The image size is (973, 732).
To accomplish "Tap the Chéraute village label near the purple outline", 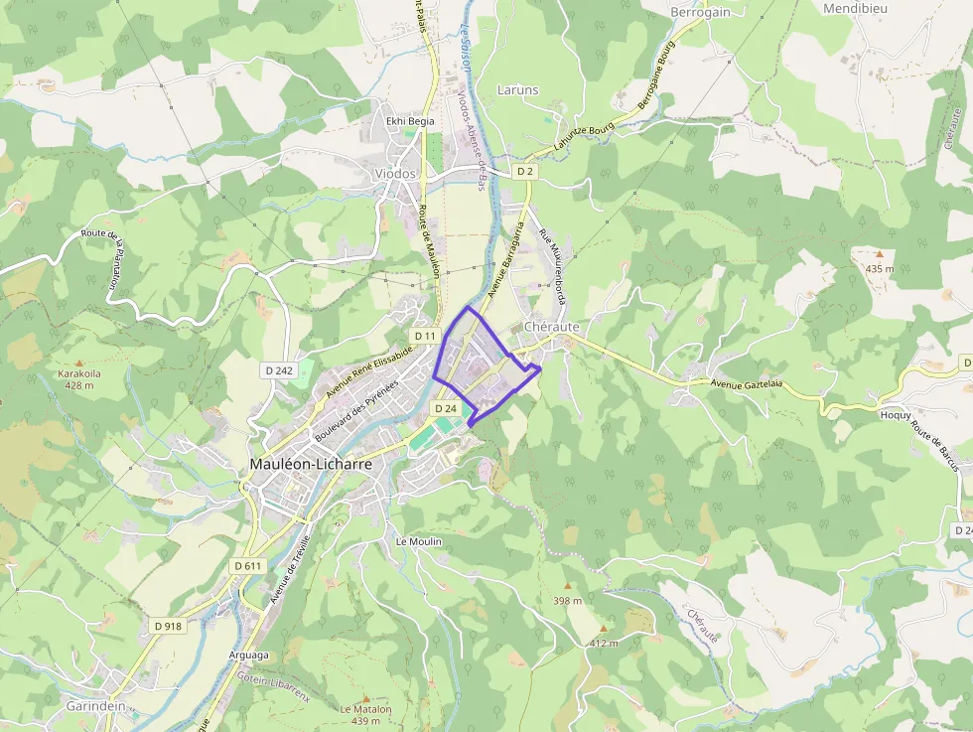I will pyautogui.click(x=551, y=327).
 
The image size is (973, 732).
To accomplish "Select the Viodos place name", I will pyautogui.click(x=395, y=173).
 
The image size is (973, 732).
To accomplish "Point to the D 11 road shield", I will pyautogui.click(x=425, y=337).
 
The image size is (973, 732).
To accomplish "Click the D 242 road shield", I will pyautogui.click(x=280, y=370).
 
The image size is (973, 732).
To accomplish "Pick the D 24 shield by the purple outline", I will pyautogui.click(x=445, y=408).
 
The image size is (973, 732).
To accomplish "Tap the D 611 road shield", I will pyautogui.click(x=247, y=565).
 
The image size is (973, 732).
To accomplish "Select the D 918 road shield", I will pyautogui.click(x=168, y=626).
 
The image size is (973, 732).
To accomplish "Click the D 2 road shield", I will pyautogui.click(x=525, y=172).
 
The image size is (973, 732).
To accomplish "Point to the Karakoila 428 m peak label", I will pyautogui.click(x=78, y=379).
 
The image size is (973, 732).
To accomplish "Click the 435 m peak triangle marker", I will pyautogui.click(x=879, y=254).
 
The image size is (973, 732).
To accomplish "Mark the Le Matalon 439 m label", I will pyautogui.click(x=365, y=714).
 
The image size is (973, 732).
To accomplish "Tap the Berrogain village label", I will pyautogui.click(x=700, y=12).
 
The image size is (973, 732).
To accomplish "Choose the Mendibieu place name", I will pyautogui.click(x=855, y=8).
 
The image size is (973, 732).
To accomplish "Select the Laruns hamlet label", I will pyautogui.click(x=517, y=89).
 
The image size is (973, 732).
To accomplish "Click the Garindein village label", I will pyautogui.click(x=95, y=706).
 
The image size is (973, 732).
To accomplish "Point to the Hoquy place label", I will pyautogui.click(x=896, y=415).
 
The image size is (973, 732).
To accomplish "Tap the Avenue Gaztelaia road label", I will pyautogui.click(x=747, y=383).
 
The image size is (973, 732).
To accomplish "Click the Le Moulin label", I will pyautogui.click(x=418, y=541).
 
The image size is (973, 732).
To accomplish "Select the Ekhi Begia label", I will pyautogui.click(x=410, y=121).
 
